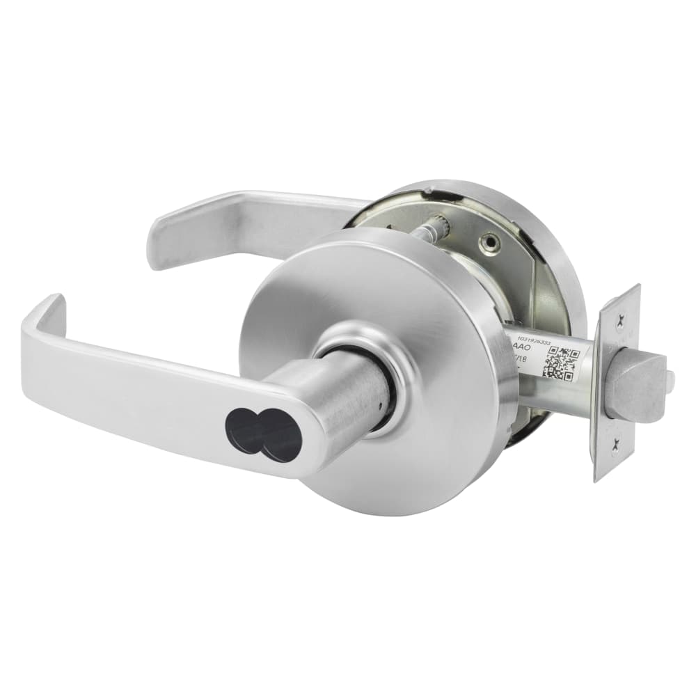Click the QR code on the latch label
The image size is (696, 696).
(x=561, y=361)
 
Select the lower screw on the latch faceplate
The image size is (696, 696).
(x=615, y=450)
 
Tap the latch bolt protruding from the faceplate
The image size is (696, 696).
(x=633, y=386)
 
